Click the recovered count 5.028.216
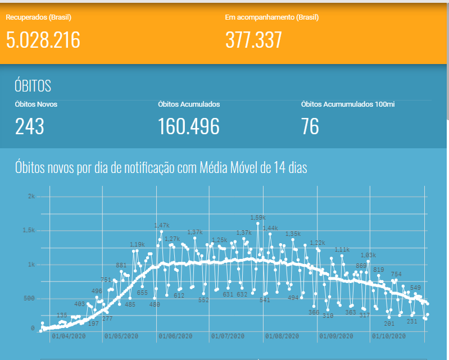(x=43, y=40)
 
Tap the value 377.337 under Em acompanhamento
(x=253, y=40)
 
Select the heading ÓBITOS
(x=33, y=86)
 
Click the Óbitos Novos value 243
(x=29, y=126)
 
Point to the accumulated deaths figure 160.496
(x=189, y=126)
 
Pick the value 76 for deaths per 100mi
(x=310, y=126)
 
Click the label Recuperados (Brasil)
(x=38, y=17)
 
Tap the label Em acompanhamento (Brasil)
(x=272, y=17)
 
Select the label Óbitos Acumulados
(x=189, y=104)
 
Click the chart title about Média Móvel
(x=161, y=167)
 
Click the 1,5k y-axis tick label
(x=29, y=230)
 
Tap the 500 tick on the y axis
(x=30, y=298)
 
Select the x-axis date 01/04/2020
(x=67, y=336)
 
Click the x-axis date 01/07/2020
(x=228, y=336)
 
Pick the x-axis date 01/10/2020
(x=388, y=336)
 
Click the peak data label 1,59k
(x=258, y=217)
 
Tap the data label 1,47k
(x=161, y=225)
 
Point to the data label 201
(x=389, y=323)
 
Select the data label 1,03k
(x=368, y=256)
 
